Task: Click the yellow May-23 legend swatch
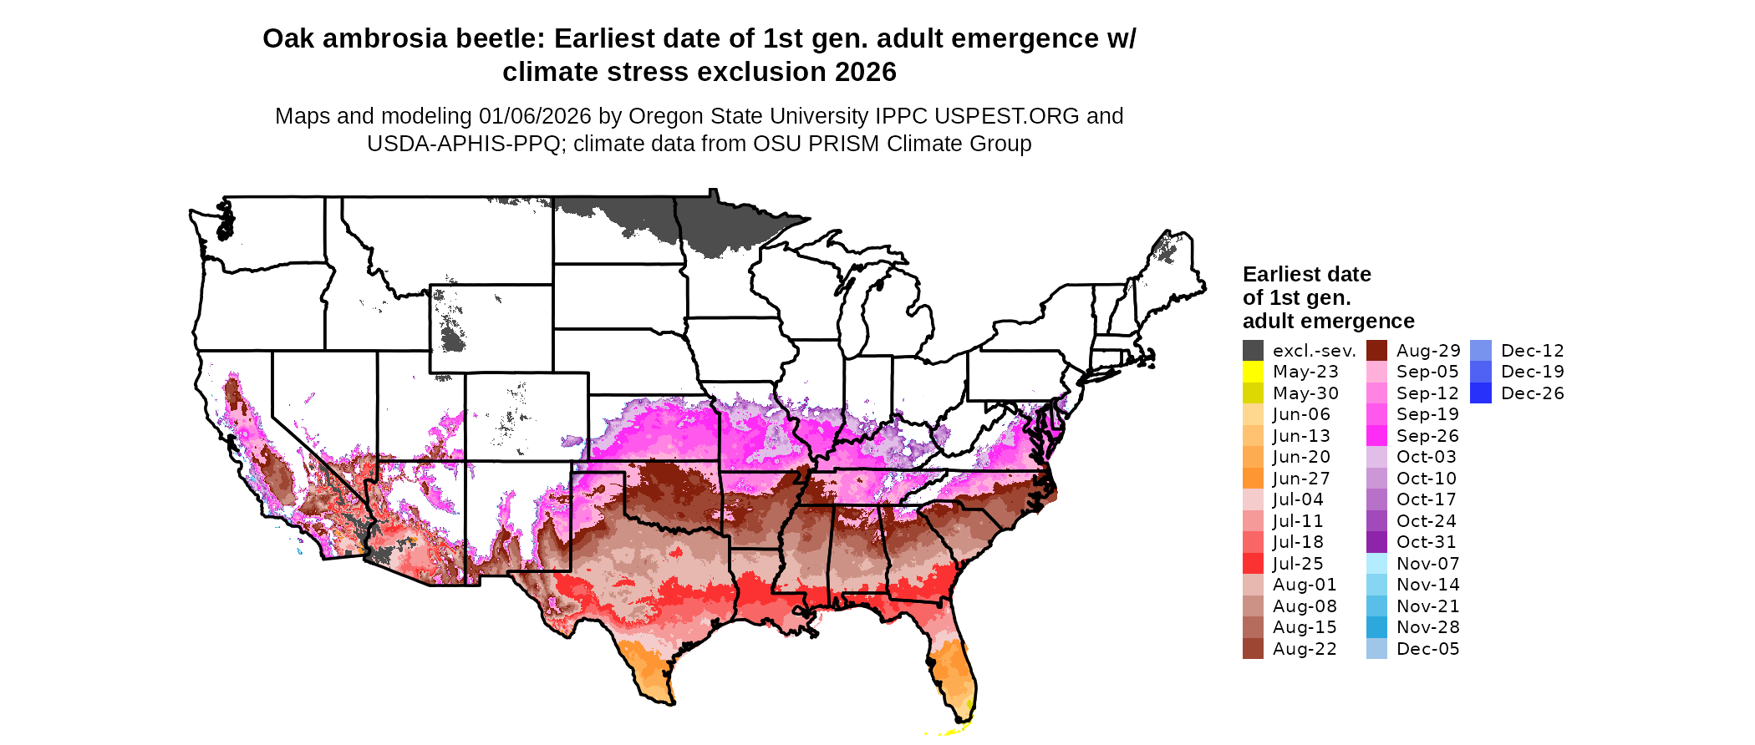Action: click(1253, 372)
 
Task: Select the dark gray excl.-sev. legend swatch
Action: click(1253, 351)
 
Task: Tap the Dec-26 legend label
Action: click(1532, 393)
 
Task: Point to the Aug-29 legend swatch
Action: click(1376, 351)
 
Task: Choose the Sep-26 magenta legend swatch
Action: click(1376, 436)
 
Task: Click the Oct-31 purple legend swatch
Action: click(1376, 542)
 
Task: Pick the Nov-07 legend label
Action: click(1427, 564)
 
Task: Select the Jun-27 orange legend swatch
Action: click(1253, 479)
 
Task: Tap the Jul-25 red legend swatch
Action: click(1253, 564)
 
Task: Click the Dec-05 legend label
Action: click(1427, 649)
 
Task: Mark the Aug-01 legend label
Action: click(1305, 585)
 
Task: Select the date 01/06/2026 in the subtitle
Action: click(535, 116)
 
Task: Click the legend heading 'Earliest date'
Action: click(1306, 274)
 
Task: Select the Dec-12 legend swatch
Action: click(1480, 351)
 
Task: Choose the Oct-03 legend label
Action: click(1426, 457)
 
